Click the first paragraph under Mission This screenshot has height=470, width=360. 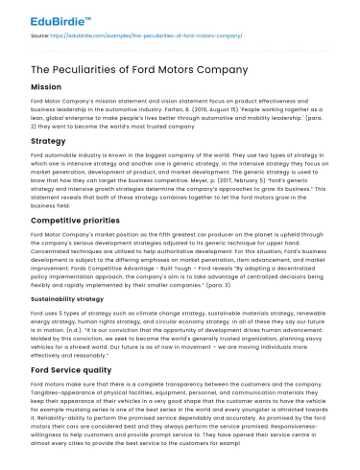tap(179, 110)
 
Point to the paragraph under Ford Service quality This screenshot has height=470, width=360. tap(179, 421)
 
